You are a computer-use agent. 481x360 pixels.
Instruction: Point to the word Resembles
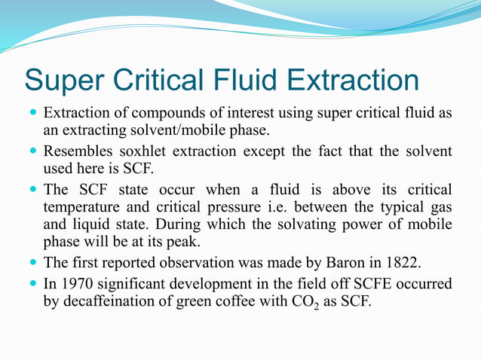[76, 151]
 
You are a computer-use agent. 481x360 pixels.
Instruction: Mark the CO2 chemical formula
[318, 303]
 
